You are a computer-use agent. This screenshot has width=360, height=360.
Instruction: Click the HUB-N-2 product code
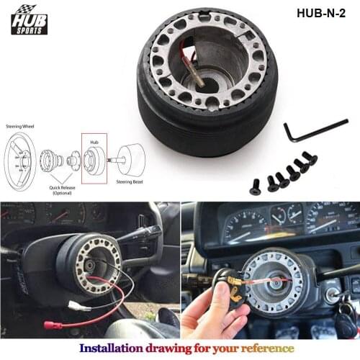point(321,13)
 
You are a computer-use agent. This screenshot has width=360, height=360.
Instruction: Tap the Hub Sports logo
point(29,19)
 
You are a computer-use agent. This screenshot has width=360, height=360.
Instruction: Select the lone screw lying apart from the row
point(255,188)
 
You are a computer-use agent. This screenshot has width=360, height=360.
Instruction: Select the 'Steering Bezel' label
point(130,183)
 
